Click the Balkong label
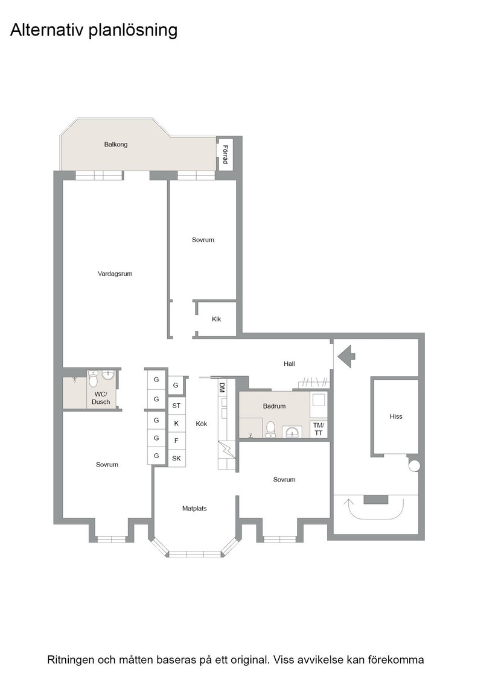[x=115, y=145]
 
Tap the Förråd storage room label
[x=225, y=154]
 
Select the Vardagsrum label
[x=115, y=274]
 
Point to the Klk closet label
[x=217, y=319]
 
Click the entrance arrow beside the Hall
[x=346, y=356]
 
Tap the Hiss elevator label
[x=396, y=416]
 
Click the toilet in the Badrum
[x=270, y=429]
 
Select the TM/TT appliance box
[x=319, y=429]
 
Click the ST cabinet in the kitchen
[x=176, y=406]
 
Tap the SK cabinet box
[x=176, y=458]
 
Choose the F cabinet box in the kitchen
[x=176, y=441]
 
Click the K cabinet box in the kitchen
[x=176, y=423]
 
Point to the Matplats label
[x=194, y=509]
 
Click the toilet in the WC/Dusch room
[x=93, y=379]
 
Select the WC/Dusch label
[x=101, y=398]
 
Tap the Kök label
[x=202, y=424]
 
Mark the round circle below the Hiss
[x=414, y=466]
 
